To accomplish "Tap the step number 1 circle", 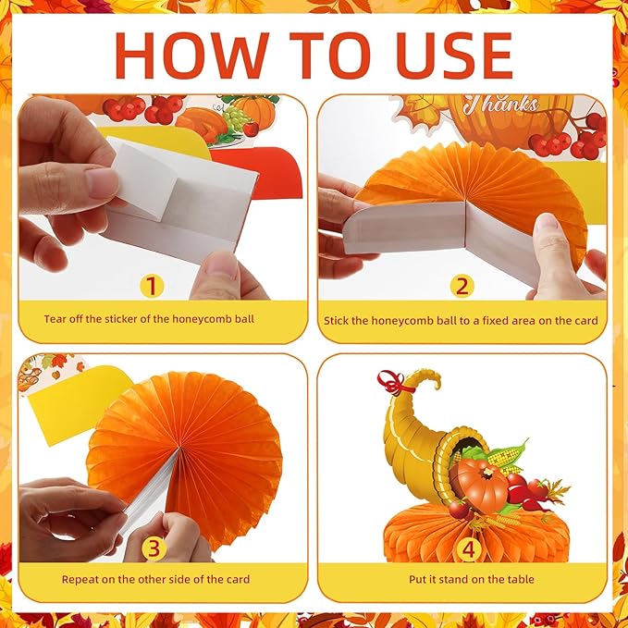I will (154, 285).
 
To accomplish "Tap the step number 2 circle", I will (462, 285).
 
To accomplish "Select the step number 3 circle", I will (154, 548).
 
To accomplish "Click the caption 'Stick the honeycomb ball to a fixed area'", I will (461, 320).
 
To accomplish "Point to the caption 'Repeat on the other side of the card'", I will (154, 580).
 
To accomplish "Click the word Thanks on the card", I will (504, 105).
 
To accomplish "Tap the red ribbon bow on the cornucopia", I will (391, 382).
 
